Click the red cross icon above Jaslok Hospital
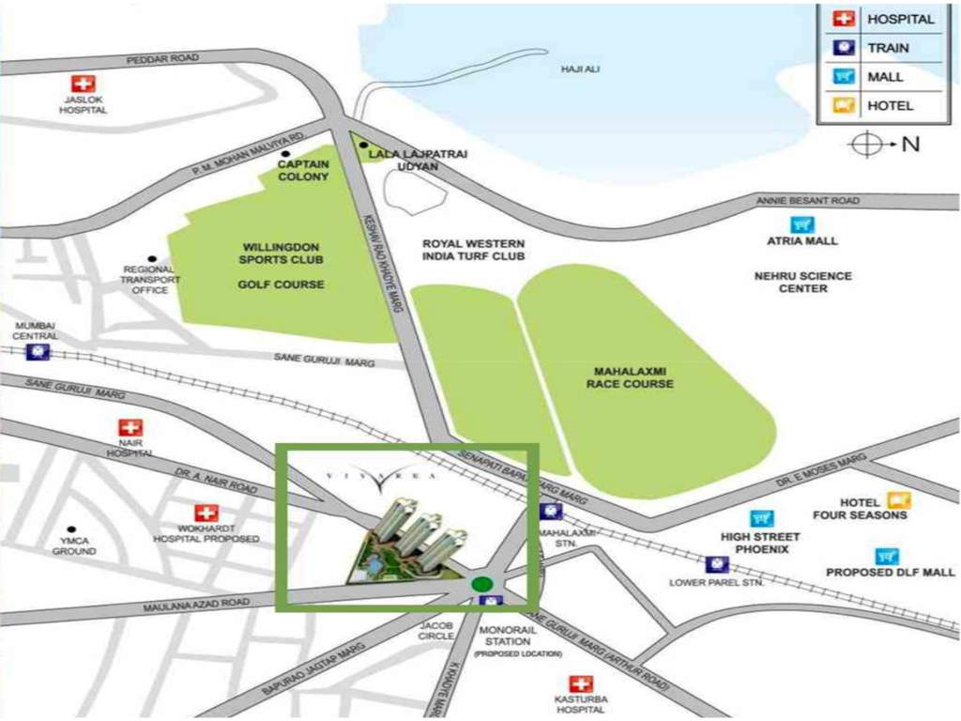click(x=84, y=84)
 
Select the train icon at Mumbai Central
click(x=38, y=352)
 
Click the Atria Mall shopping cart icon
click(x=802, y=225)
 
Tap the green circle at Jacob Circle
click(x=482, y=583)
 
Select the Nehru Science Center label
click(x=802, y=282)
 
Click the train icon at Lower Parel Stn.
click(x=718, y=564)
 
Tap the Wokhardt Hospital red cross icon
click(x=206, y=513)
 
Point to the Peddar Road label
click(x=163, y=59)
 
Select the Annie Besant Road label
click(x=807, y=201)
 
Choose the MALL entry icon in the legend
click(x=845, y=76)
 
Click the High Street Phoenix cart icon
click(x=761, y=518)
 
